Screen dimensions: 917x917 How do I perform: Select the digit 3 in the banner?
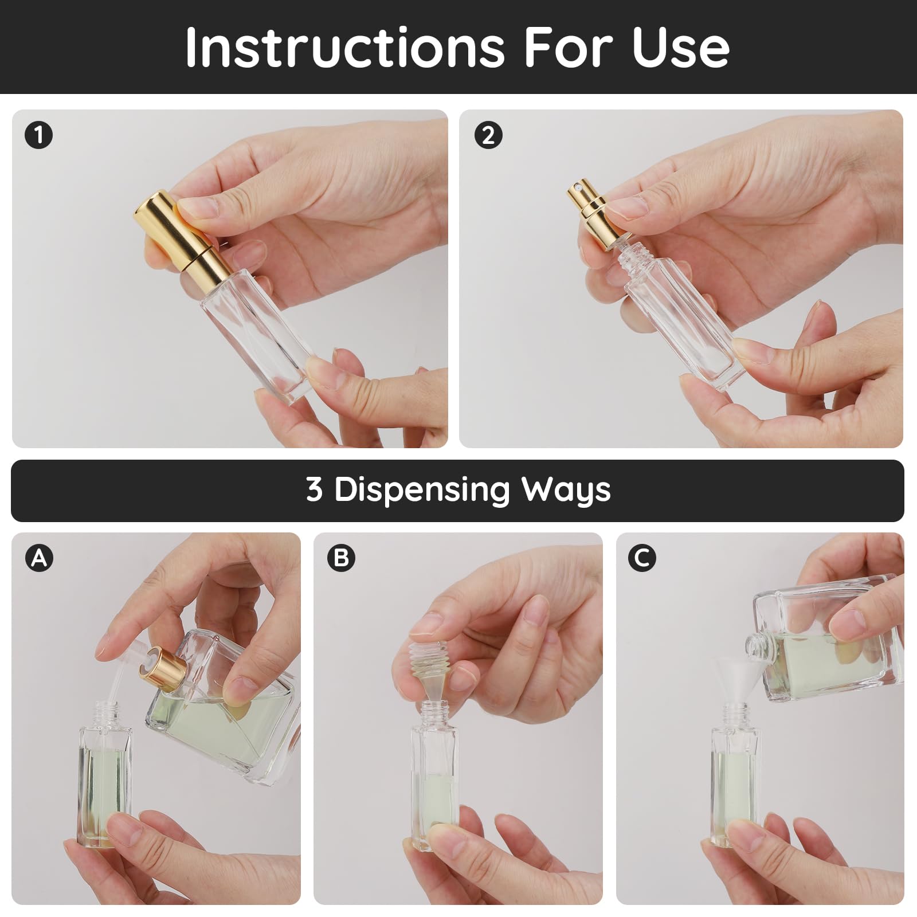point(314,490)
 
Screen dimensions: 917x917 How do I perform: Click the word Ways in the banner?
point(566,490)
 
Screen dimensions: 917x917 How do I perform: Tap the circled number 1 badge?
point(39,136)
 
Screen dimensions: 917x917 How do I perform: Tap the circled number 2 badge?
point(488,136)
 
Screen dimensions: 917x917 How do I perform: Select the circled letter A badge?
point(39,557)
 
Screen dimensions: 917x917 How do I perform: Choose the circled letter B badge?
point(341,557)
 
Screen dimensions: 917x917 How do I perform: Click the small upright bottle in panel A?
point(104,779)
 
